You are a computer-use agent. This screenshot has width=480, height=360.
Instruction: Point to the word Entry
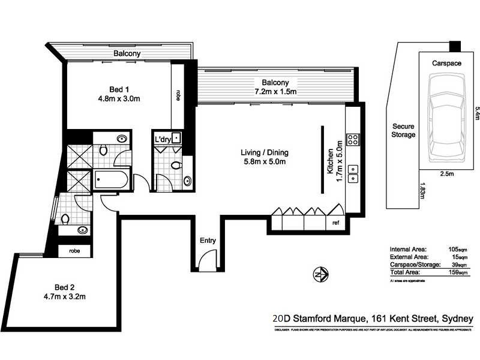pos(208,241)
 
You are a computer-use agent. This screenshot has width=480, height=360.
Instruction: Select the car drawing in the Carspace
pos(445,119)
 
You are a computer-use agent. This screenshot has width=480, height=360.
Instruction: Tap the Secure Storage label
pos(404,131)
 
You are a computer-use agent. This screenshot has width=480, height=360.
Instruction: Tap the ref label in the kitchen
pos(336,223)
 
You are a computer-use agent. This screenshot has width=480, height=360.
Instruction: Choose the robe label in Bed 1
pos(178,95)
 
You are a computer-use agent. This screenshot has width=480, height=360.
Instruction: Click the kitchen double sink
pos(354,173)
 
